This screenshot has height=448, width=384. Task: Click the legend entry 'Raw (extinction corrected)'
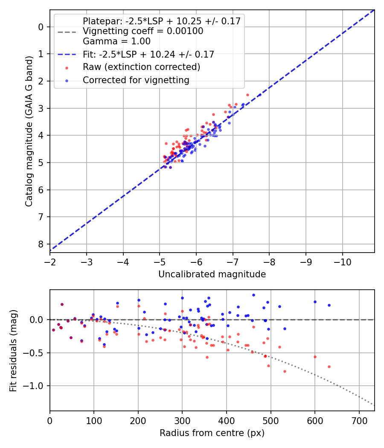coord(141,67)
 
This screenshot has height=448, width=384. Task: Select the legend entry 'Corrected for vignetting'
coord(136,80)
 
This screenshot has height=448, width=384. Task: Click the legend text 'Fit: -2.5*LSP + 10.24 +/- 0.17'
coord(148,54)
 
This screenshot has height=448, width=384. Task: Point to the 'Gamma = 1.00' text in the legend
coord(116,41)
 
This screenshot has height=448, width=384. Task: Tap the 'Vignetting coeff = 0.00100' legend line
coord(143,31)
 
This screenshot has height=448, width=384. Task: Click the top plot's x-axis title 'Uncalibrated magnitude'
coord(212,274)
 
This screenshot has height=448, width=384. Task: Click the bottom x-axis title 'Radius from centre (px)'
coord(212,433)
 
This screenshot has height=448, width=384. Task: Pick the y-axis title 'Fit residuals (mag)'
coord(13,350)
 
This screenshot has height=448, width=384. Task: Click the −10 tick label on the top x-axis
coord(342,261)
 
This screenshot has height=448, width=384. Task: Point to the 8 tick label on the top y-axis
coord(41,244)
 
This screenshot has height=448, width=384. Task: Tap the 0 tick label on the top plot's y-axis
coord(41,27)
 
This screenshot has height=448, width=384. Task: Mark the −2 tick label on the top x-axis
coord(50,261)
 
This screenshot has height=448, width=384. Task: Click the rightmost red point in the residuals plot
coord(329,367)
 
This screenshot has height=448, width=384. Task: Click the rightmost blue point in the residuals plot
coord(329,305)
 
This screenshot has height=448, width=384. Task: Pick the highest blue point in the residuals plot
coord(253,295)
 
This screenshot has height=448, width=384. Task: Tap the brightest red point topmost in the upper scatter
coord(247,95)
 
